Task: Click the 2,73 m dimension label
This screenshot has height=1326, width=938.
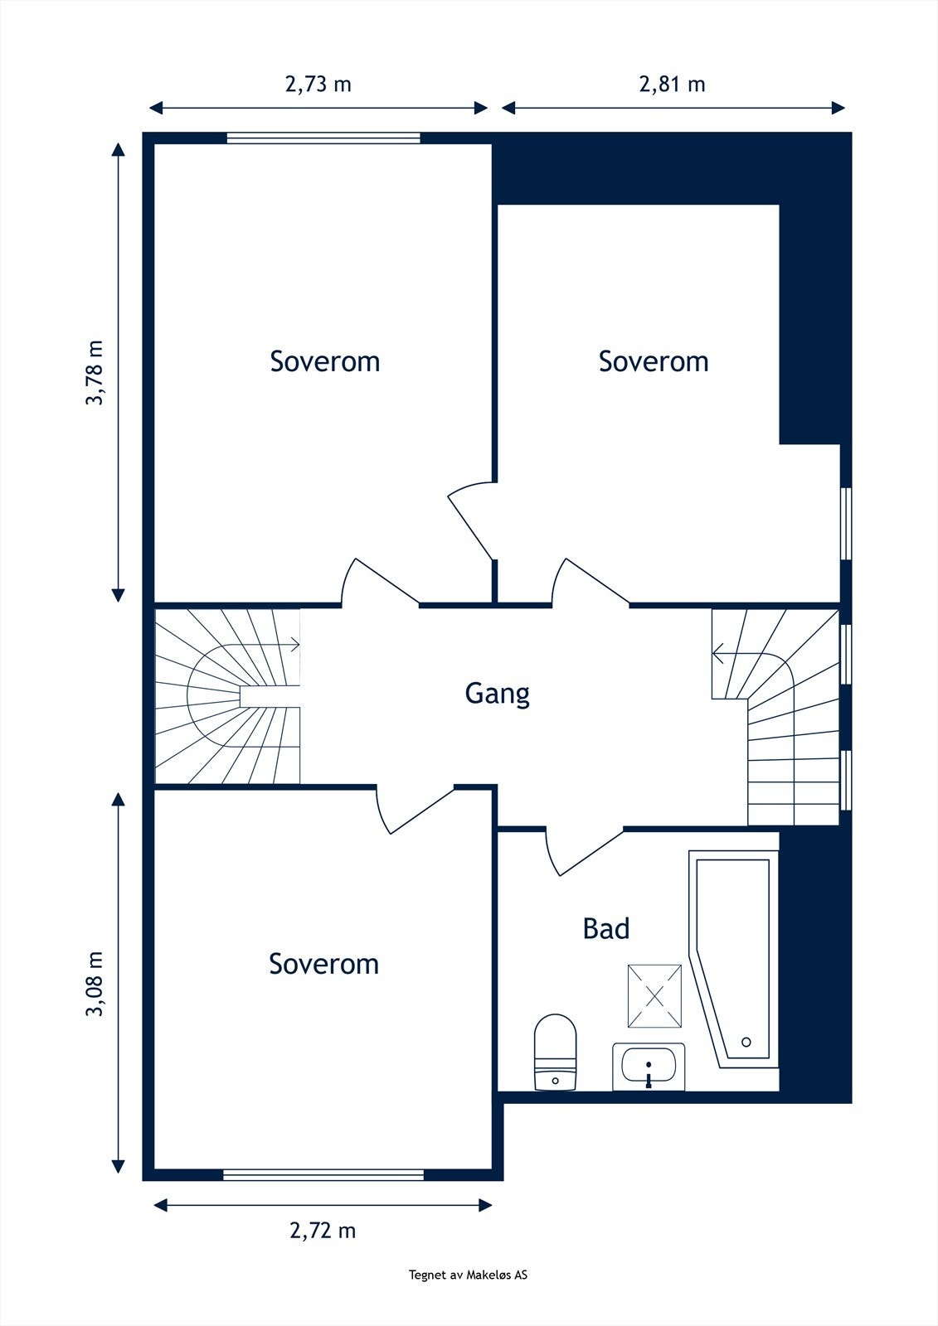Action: [x=318, y=84]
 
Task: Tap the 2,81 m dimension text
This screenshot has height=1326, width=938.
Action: [x=672, y=84]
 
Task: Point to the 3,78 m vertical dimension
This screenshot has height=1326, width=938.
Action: [x=95, y=372]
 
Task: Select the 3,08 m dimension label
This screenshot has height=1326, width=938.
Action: [x=95, y=984]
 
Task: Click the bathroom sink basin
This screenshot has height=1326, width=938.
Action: [x=649, y=1066]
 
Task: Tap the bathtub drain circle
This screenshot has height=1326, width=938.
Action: [x=746, y=1042]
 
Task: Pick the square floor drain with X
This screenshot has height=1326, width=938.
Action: [x=654, y=996]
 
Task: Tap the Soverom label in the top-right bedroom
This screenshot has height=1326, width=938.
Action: [x=654, y=361]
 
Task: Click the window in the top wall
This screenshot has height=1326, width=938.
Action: [x=323, y=138]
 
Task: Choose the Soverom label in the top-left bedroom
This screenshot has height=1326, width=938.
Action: [x=325, y=361]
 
